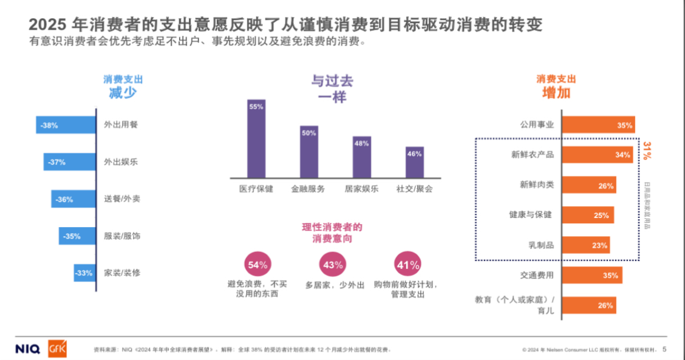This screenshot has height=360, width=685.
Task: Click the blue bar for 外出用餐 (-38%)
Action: [66, 125]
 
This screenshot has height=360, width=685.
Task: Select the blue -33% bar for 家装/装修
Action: [84, 273]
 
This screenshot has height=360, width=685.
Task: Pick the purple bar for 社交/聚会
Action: [415, 161]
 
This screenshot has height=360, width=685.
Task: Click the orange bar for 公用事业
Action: [599, 125]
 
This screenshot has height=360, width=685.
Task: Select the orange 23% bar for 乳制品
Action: [586, 245]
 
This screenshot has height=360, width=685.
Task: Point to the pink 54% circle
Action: [257, 264]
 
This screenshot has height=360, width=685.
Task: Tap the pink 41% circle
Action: [407, 264]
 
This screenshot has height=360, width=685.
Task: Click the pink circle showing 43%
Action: [333, 264]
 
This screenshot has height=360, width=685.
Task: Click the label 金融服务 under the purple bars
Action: [308, 189]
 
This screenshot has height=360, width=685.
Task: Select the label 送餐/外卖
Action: [122, 199]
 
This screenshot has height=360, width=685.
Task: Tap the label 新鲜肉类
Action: [536, 185]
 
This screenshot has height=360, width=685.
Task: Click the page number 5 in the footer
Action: [664, 349]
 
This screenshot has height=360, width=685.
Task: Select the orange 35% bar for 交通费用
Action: [592, 275]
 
